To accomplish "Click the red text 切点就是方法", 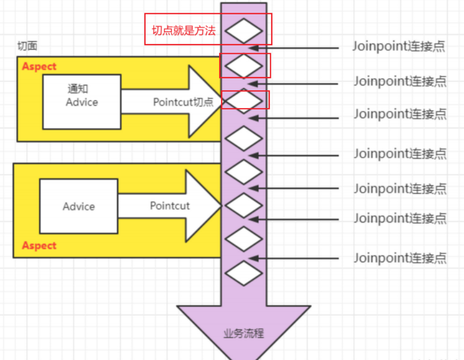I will click(184, 30).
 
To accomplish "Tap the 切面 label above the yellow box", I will click(27, 47).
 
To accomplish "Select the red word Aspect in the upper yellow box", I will click(40, 66).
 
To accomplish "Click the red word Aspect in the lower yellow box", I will click(40, 245).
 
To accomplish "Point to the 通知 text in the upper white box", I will click(78, 89).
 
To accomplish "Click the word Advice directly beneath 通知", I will click(82, 102).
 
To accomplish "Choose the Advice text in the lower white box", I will click(79, 206).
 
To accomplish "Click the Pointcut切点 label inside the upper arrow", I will click(183, 102).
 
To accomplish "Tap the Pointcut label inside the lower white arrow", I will click(170, 205).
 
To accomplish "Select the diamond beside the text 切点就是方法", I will click(244, 31).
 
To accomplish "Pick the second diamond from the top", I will click(244, 65).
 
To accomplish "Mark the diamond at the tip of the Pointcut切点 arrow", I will click(244, 100).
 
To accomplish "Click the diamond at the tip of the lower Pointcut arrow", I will click(244, 205).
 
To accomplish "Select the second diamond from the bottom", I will click(244, 239).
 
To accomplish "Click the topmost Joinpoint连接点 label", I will click(399, 46).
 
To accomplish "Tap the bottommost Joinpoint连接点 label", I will click(400, 258).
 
